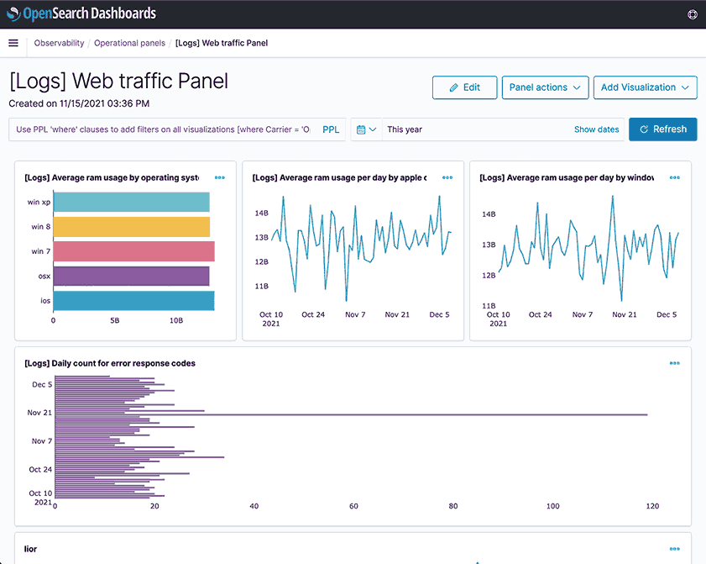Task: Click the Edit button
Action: click(x=464, y=87)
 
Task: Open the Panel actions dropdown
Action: click(x=545, y=87)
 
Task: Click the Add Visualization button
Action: click(x=645, y=87)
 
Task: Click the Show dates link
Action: click(x=596, y=129)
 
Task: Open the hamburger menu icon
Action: click(x=13, y=43)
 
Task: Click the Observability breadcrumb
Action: click(x=59, y=43)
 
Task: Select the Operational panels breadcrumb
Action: click(x=129, y=43)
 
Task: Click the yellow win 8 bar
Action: click(x=131, y=227)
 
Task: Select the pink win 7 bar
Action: click(x=133, y=251)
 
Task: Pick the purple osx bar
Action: click(x=131, y=276)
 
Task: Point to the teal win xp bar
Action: click(x=131, y=203)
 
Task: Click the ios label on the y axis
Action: click(x=44, y=301)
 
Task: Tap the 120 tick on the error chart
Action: click(x=652, y=506)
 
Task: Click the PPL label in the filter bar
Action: click(x=331, y=129)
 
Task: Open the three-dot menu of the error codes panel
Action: click(x=674, y=363)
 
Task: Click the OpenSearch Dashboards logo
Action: click(x=81, y=14)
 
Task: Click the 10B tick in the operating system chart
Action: click(x=176, y=320)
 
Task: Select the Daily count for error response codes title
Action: click(x=110, y=363)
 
